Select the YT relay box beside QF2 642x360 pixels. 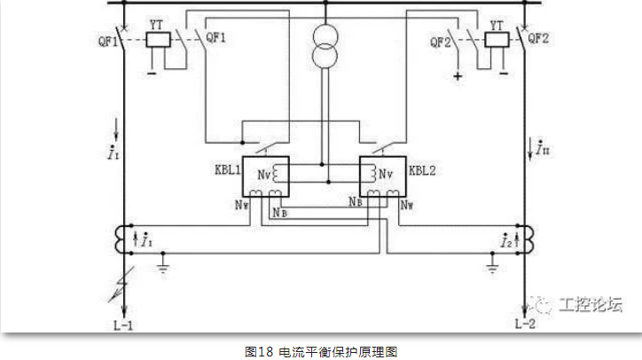(496, 40)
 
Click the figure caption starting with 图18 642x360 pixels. (321, 351)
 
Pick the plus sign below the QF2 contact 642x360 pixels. (458, 77)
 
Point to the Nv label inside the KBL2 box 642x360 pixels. (385, 174)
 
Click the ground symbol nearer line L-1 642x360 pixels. (162, 263)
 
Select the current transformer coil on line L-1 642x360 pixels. (120, 238)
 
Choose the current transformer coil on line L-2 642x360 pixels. (525, 238)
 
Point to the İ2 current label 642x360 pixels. (505, 240)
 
